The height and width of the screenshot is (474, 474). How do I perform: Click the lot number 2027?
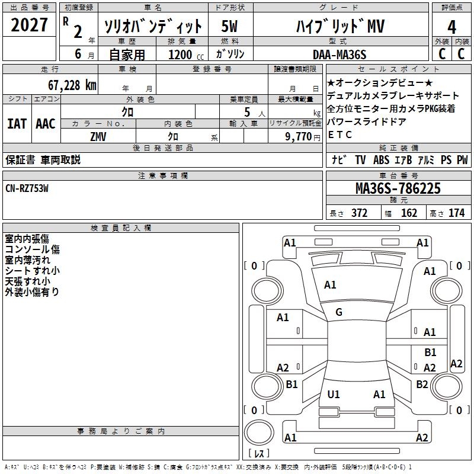point(30,25)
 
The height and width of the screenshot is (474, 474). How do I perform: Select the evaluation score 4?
point(452,27)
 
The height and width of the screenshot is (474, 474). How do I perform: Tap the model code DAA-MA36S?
point(340,55)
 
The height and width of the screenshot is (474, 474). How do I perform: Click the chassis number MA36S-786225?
point(398,189)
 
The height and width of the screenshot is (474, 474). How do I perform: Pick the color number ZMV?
point(98,136)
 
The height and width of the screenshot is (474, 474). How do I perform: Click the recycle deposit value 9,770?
point(303,136)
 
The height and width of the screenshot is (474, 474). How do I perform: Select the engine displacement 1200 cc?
point(181,55)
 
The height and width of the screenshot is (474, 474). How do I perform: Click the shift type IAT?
point(17,124)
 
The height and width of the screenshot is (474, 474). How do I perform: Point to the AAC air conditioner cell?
point(46,124)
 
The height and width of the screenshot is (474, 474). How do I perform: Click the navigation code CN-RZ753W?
point(27,188)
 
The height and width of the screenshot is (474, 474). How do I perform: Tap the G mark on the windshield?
point(339,312)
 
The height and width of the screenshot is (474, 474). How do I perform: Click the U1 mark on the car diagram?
point(334,394)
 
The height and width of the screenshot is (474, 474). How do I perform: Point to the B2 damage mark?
point(422,385)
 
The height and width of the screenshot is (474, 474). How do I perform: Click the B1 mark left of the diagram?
point(292,385)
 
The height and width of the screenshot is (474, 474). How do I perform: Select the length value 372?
point(359,213)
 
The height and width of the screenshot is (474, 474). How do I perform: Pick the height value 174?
point(456,213)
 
